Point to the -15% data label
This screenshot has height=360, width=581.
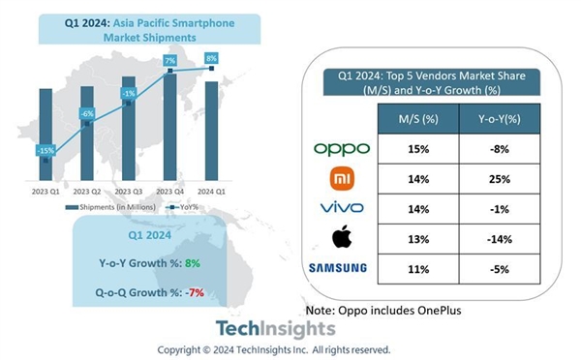pyautogui.click(x=46, y=151)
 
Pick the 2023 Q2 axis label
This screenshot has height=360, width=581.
pyautogui.click(x=86, y=190)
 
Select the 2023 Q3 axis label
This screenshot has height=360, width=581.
pyautogui.click(x=128, y=190)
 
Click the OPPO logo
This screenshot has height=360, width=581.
pyautogui.click(x=342, y=149)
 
